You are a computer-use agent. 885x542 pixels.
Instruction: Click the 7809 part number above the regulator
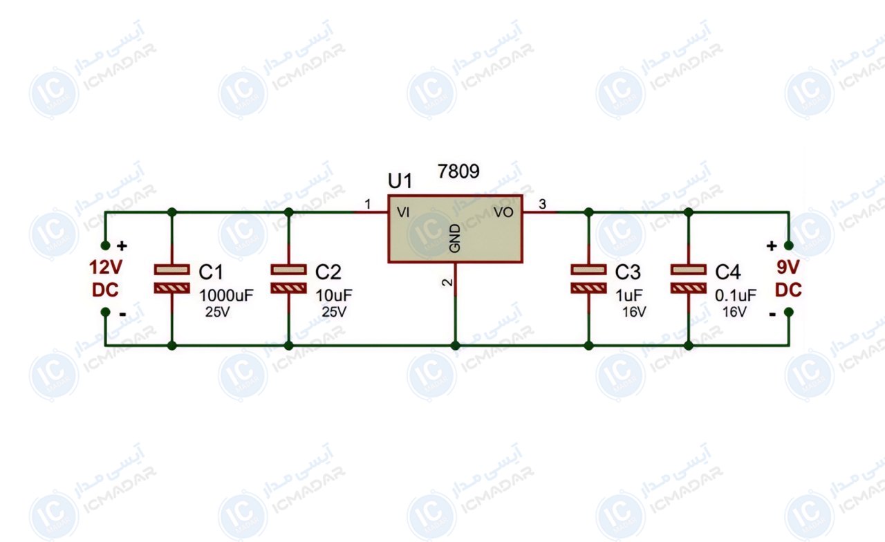pos(458,171)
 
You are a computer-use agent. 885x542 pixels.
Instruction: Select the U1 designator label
pos(400,181)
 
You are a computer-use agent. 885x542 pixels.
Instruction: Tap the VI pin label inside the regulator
pos(403,212)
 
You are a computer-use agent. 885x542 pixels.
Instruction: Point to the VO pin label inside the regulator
pos(503,212)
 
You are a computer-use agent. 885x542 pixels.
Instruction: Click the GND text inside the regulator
pos(455,239)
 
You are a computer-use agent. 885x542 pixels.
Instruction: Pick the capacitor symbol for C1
pos(172,279)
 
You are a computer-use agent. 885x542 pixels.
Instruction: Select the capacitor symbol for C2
pos(289,279)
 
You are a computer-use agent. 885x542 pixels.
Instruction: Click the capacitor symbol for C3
pos(588,279)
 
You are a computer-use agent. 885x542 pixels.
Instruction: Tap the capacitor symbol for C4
pos(688,279)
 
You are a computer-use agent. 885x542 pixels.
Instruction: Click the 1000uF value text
pos(226,295)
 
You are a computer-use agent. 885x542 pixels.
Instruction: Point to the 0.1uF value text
pos(736,295)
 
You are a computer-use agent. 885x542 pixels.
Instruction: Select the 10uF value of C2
pos(334,295)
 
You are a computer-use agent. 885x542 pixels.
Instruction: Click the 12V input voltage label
pos(106,268)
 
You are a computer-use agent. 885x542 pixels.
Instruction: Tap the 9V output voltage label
pos(788,268)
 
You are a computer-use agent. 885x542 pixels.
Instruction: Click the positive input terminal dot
pos(106,245)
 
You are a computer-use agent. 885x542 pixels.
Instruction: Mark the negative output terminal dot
pos(789,312)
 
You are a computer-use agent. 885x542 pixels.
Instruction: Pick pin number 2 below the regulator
pos(447,283)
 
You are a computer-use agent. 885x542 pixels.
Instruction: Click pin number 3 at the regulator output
pos(543,204)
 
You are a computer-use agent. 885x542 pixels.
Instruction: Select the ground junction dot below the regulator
pos(455,346)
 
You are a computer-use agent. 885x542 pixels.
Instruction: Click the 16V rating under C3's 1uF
pos(634,312)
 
